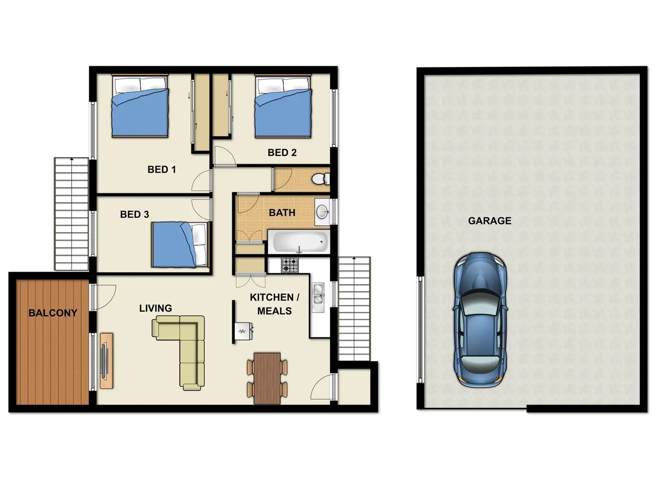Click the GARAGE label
pyautogui.click(x=490, y=221)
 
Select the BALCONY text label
pyautogui.click(x=52, y=313)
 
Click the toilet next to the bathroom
pyautogui.click(x=320, y=179)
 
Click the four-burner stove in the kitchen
pyautogui.click(x=290, y=265)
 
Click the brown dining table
pyautogui.click(x=267, y=378)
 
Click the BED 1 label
pyautogui.click(x=161, y=169)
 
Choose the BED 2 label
pyautogui.click(x=282, y=152)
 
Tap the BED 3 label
pyautogui.click(x=134, y=215)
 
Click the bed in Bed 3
pyautogui.click(x=180, y=245)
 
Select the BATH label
pyautogui.click(x=282, y=213)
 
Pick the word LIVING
pyautogui.click(x=155, y=308)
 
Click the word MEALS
pyautogui.click(x=274, y=311)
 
